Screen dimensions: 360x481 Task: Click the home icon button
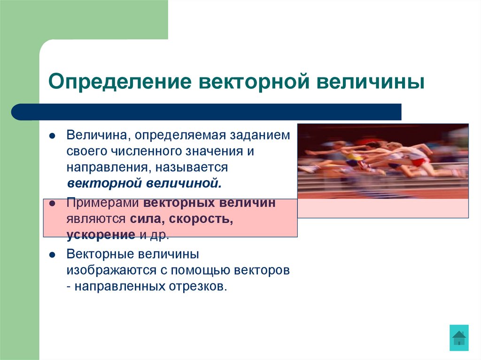458,337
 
